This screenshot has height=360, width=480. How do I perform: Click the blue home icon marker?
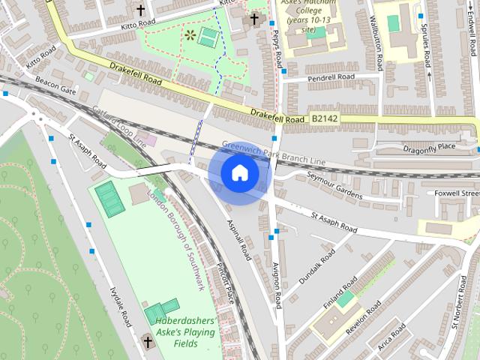point(239,173)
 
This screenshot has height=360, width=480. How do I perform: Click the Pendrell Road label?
point(330,77)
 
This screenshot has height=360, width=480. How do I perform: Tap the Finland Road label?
point(340,295)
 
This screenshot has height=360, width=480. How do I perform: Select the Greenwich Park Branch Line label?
point(274,151)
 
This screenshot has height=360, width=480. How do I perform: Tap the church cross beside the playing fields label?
point(148,343)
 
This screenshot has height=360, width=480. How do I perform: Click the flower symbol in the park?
point(190,34)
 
